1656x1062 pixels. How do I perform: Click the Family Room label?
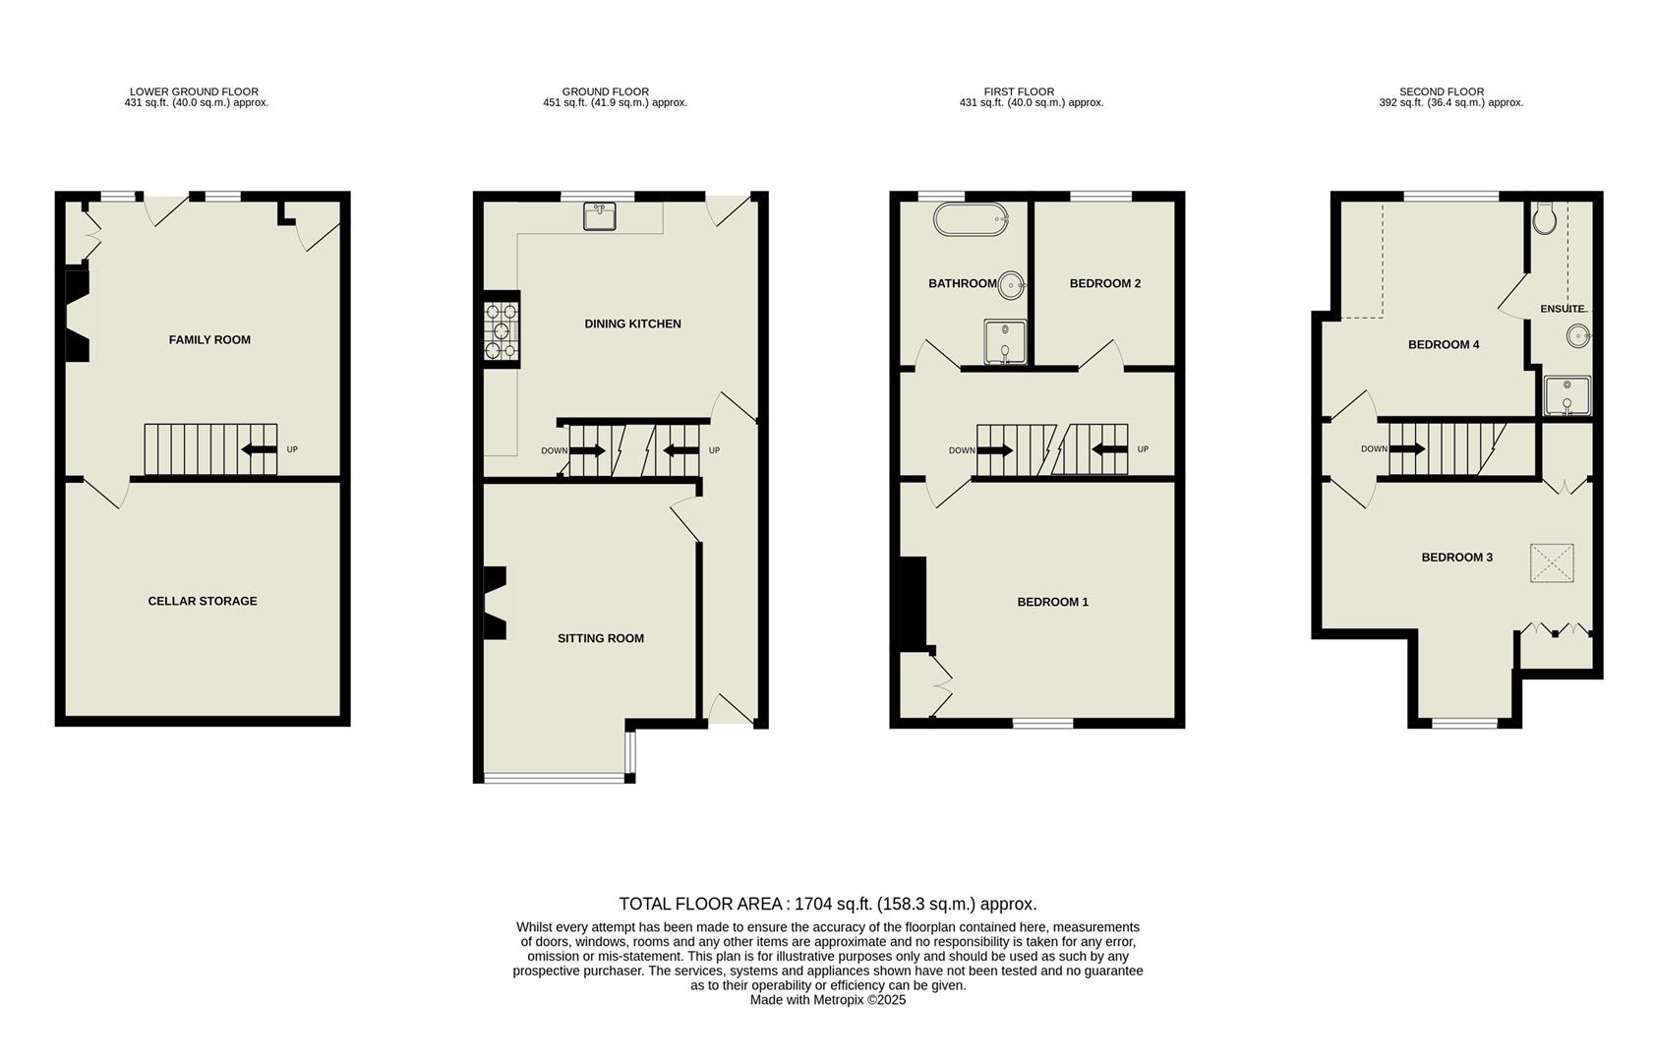(209, 340)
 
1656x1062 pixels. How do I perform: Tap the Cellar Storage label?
(203, 601)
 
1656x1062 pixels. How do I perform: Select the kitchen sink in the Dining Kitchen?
(600, 215)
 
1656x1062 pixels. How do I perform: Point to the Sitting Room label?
(601, 638)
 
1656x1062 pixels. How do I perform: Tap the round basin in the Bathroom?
(1012, 285)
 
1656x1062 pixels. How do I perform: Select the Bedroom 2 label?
(1104, 284)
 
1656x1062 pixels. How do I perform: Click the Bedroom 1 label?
(1052, 602)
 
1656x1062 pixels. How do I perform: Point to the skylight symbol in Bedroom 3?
(1552, 563)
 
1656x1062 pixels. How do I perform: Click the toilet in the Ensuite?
(1545, 218)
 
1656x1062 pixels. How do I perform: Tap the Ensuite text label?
(1562, 309)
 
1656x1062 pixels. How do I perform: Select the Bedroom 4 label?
(1443, 345)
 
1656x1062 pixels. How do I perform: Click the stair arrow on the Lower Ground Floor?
(259, 450)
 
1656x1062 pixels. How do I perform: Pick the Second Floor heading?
(1442, 91)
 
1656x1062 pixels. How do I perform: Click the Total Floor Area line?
(827, 904)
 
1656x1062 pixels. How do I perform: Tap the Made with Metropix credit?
(827, 1000)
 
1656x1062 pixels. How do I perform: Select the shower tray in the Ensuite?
(1567, 395)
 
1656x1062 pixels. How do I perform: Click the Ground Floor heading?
(605, 91)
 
